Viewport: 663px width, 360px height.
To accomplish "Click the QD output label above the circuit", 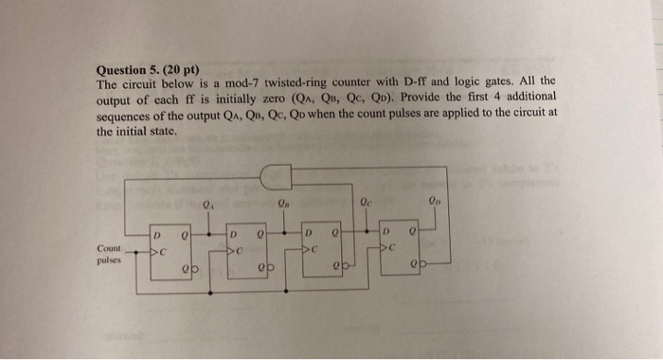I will [435, 201].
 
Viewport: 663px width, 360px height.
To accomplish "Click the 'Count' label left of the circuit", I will [109, 248].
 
